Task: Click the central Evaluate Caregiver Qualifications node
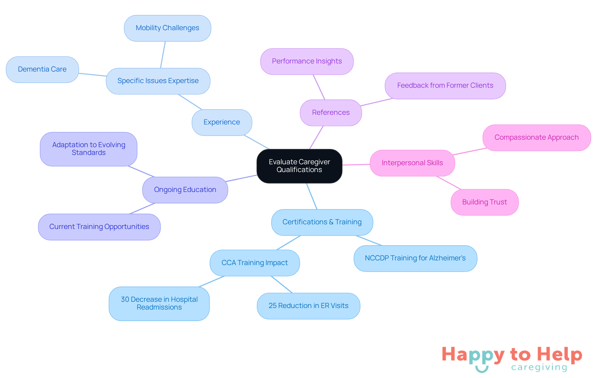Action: (299, 166)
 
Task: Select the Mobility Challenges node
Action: (168, 28)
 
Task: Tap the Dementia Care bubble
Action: (42, 69)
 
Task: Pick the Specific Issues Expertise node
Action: (158, 81)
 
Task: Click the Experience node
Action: (222, 122)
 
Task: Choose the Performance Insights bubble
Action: (307, 61)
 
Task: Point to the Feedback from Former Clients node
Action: (445, 86)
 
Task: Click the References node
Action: (331, 113)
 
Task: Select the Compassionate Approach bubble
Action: (537, 138)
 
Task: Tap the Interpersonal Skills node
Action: (412, 163)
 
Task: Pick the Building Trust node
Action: (485, 202)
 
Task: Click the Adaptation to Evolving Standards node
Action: (89, 149)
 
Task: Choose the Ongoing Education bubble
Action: (185, 190)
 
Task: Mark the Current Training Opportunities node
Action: (99, 227)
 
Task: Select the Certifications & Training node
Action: (322, 222)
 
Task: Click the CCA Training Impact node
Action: (255, 263)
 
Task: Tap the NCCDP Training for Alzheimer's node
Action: (415, 258)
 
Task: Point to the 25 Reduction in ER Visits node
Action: (308, 306)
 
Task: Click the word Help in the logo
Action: (559, 355)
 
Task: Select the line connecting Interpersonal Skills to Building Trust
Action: (449, 183)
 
